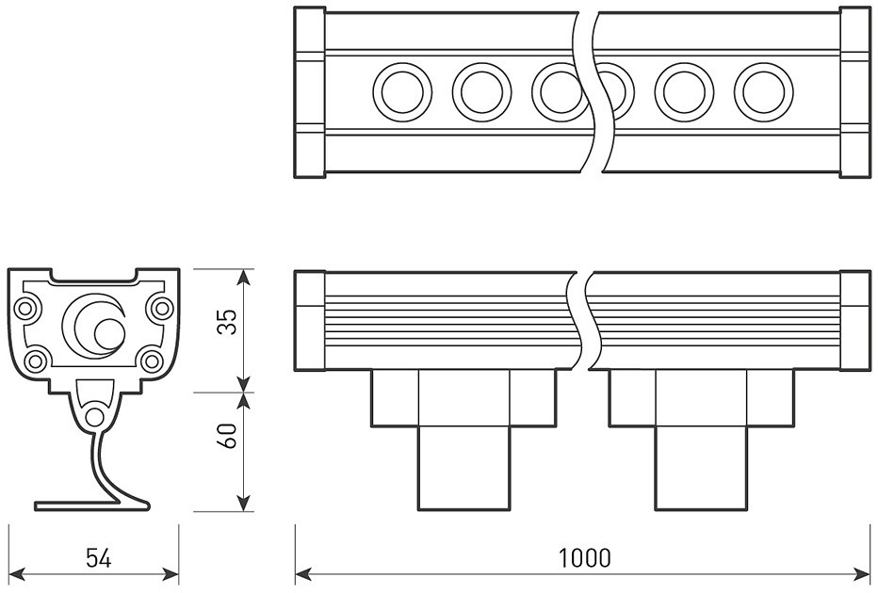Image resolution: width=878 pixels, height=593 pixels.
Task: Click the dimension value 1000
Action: point(584,557)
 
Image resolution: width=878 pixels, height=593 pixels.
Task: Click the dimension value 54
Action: point(98,558)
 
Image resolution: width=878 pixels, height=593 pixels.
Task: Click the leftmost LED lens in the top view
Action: point(402,92)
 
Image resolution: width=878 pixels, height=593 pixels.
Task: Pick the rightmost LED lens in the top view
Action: point(763,92)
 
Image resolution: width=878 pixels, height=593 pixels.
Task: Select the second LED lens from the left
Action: point(481,92)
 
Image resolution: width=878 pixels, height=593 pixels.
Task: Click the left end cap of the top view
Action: point(310,92)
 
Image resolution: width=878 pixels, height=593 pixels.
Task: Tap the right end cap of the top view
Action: point(854,92)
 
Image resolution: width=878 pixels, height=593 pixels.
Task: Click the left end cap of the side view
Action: point(310,320)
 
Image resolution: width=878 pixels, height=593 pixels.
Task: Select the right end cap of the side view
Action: point(854,320)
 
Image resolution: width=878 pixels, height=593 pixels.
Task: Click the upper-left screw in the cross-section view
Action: point(27,307)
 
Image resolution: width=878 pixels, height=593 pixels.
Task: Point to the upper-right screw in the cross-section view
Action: point(162,307)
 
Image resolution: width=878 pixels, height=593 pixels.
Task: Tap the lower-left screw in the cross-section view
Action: point(37,360)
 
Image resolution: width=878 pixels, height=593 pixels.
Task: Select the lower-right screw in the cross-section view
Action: point(151,360)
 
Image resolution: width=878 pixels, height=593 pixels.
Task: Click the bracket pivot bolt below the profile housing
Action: point(94,416)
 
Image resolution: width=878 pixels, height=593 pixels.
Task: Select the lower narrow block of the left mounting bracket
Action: point(464,468)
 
